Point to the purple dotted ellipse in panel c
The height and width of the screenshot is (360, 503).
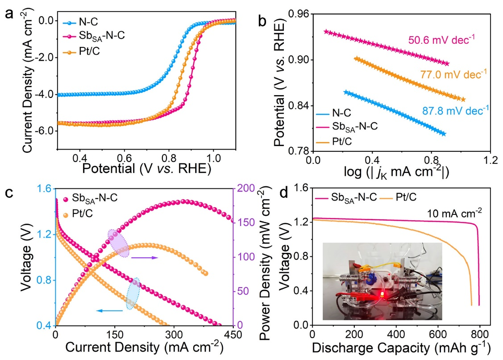pyautogui.click(x=119, y=243)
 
